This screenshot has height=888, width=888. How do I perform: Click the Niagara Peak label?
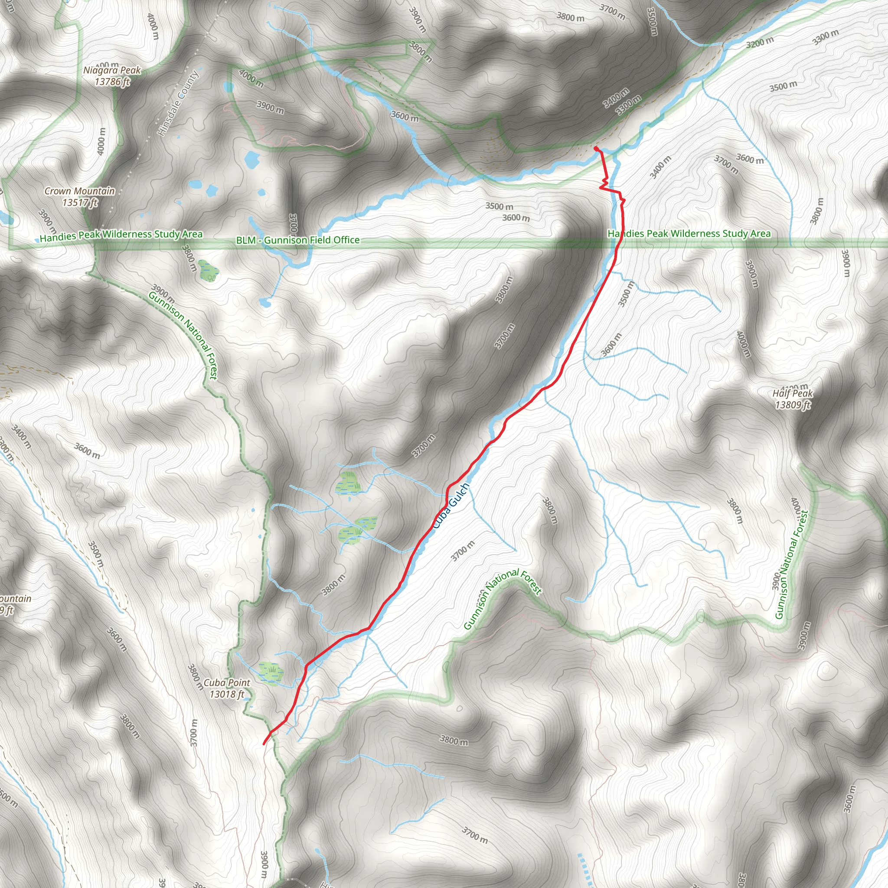click(112, 70)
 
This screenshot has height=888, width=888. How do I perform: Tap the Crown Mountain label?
click(79, 191)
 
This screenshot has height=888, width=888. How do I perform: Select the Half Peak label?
click(793, 393)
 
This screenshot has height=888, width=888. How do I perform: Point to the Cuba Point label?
click(227, 683)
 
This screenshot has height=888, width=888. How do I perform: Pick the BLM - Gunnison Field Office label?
click(298, 240)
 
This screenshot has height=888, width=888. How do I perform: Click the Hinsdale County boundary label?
click(178, 104)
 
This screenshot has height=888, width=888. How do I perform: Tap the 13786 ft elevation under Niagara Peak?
click(113, 82)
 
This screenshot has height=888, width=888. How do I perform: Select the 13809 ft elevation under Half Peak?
click(793, 405)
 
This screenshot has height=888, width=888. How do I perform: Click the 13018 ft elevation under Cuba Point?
click(227, 694)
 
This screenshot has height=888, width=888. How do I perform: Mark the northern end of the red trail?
click(596, 148)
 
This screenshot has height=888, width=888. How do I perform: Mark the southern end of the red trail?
click(264, 743)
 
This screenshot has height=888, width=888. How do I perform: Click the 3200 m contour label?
click(760, 43)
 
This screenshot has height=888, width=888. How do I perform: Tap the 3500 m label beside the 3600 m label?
click(499, 206)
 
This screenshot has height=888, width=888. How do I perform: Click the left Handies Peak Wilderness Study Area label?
click(121, 235)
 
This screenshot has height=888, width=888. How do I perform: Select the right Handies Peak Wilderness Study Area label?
click(689, 234)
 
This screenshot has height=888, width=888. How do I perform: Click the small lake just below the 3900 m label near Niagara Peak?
click(252, 160)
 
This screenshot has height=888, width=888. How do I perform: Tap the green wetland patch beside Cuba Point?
click(270, 673)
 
